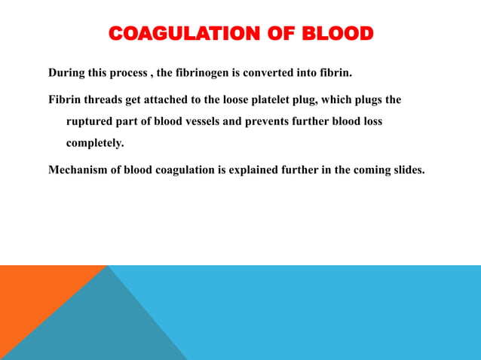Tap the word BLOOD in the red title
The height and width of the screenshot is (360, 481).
[337, 34]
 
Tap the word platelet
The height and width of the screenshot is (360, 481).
[281, 99]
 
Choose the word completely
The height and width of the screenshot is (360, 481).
[95, 142]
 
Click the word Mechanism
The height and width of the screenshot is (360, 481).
[78, 169]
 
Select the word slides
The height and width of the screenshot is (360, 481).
[408, 169]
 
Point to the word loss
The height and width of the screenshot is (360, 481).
[369, 121]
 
